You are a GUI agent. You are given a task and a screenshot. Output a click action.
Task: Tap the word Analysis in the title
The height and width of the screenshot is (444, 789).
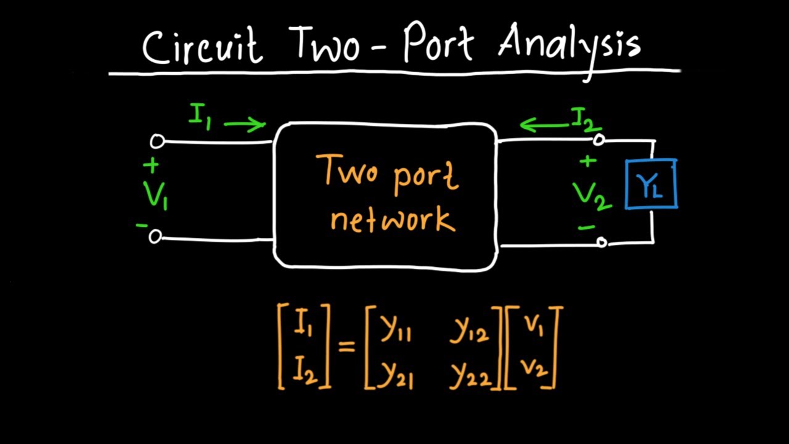pyautogui.click(x=569, y=46)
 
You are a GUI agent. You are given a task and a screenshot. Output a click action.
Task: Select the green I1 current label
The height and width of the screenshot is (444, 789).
pyautogui.click(x=200, y=115)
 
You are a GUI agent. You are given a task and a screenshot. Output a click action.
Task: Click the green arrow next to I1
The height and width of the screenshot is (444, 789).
pyautogui.click(x=245, y=125)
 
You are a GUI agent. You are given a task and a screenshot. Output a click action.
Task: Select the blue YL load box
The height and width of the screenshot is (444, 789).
pyautogui.click(x=651, y=184)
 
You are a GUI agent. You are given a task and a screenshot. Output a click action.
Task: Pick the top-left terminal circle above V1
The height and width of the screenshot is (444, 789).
pyautogui.click(x=157, y=142)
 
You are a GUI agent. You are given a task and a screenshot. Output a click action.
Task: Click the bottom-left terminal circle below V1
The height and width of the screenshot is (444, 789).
pyautogui.click(x=155, y=236)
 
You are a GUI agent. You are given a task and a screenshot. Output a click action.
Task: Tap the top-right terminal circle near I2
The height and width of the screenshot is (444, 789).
pyautogui.click(x=599, y=141)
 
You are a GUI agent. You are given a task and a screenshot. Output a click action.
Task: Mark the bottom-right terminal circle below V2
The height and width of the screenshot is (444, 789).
pyautogui.click(x=602, y=243)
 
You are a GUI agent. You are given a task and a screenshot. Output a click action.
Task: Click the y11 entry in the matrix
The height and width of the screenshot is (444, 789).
pyautogui.click(x=395, y=331)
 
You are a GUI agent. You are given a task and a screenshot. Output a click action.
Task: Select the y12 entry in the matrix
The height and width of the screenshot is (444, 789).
pyautogui.click(x=468, y=331)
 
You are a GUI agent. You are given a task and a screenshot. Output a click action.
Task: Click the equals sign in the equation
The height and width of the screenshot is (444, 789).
pyautogui.click(x=347, y=347)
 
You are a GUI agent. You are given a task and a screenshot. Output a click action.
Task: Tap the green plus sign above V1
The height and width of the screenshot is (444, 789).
pyautogui.click(x=150, y=166)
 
